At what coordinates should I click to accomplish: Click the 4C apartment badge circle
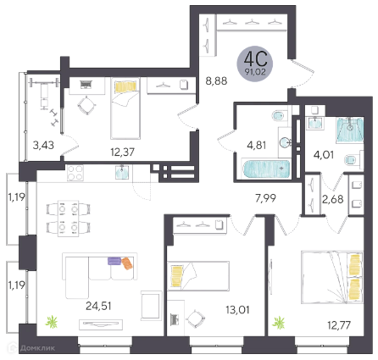[255, 64]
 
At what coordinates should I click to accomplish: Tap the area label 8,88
[216, 81]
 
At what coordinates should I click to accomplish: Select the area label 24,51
[98, 306]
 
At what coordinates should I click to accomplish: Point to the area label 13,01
[237, 310]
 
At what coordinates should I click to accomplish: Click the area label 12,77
[339, 325]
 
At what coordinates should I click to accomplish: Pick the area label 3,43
[43, 145]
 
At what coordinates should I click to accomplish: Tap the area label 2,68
[333, 199]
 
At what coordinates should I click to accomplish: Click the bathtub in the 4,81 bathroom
[266, 169]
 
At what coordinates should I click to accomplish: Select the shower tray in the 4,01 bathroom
[350, 130]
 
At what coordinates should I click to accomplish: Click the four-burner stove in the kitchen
[75, 173]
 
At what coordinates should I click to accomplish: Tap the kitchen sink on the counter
[122, 172]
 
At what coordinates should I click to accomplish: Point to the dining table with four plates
[68, 219]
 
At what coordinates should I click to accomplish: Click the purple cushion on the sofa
[114, 261]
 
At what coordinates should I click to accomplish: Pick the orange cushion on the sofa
[127, 263]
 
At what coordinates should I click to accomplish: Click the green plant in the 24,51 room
[52, 322]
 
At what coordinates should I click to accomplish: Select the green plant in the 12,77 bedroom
[279, 323]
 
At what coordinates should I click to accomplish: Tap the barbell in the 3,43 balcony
[44, 82]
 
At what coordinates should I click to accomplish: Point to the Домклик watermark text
[37, 348]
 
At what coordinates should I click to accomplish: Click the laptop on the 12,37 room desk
[86, 84]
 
